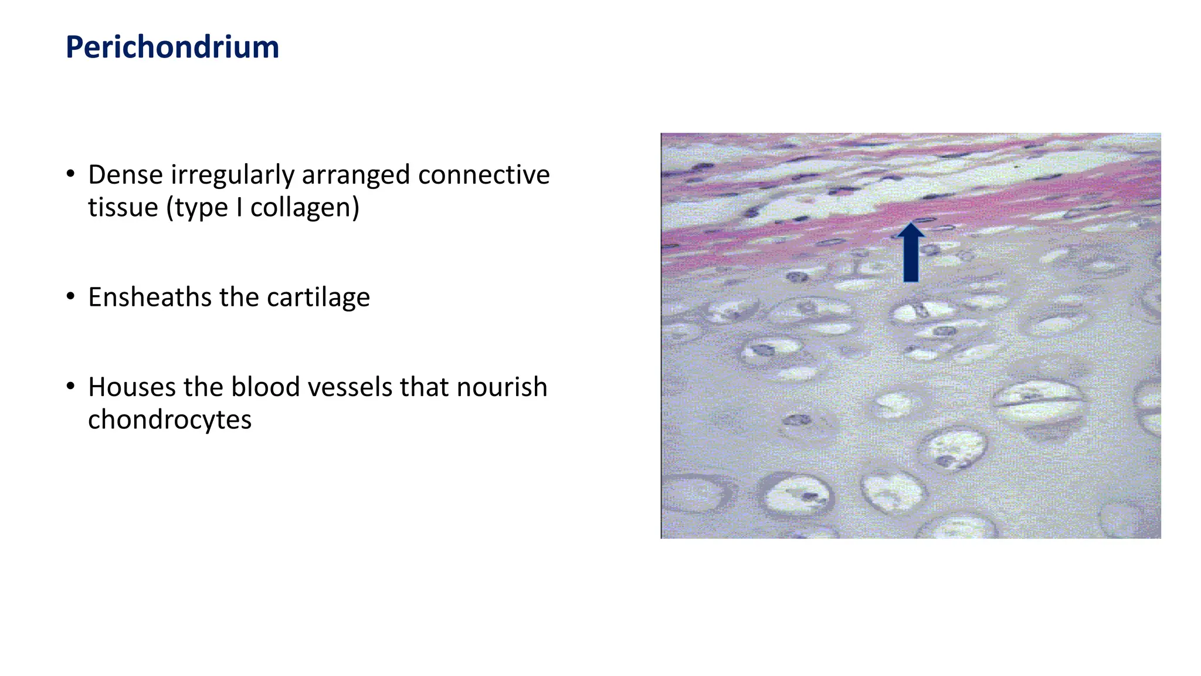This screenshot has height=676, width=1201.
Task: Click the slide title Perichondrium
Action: tap(172, 47)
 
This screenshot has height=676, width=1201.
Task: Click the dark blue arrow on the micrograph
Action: tap(911, 253)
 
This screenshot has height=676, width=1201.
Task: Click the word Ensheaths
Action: tap(150, 297)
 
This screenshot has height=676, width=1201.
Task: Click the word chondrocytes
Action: tap(169, 420)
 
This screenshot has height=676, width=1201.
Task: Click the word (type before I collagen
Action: tap(197, 208)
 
